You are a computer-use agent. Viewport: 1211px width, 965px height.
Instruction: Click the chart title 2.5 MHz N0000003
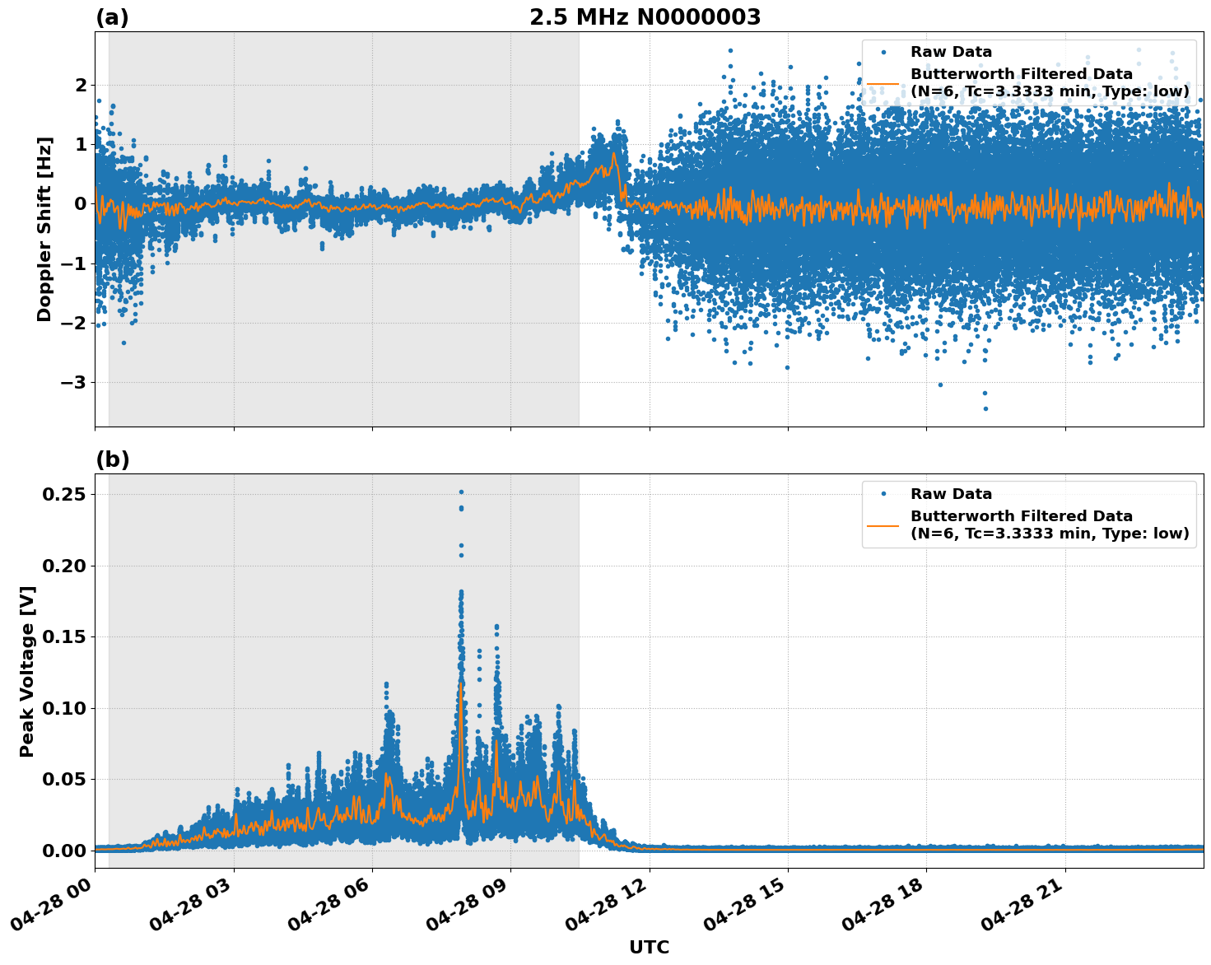click(645, 17)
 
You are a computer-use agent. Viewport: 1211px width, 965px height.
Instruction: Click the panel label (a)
click(112, 17)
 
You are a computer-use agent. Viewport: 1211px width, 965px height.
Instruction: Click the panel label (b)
click(112, 459)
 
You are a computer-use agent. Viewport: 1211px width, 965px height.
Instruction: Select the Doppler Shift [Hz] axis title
click(44, 229)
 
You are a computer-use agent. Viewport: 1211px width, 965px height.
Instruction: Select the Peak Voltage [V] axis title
click(27, 671)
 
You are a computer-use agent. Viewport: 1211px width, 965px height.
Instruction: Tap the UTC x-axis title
click(649, 947)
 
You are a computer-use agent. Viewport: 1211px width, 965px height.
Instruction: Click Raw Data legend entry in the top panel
click(951, 52)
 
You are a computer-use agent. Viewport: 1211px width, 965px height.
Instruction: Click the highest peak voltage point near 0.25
click(461, 492)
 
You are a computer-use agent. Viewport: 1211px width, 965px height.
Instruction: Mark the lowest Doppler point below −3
click(985, 408)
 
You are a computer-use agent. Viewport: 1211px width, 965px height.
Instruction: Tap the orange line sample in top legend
click(883, 83)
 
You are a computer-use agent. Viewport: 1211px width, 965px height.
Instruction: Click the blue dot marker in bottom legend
click(883, 494)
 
